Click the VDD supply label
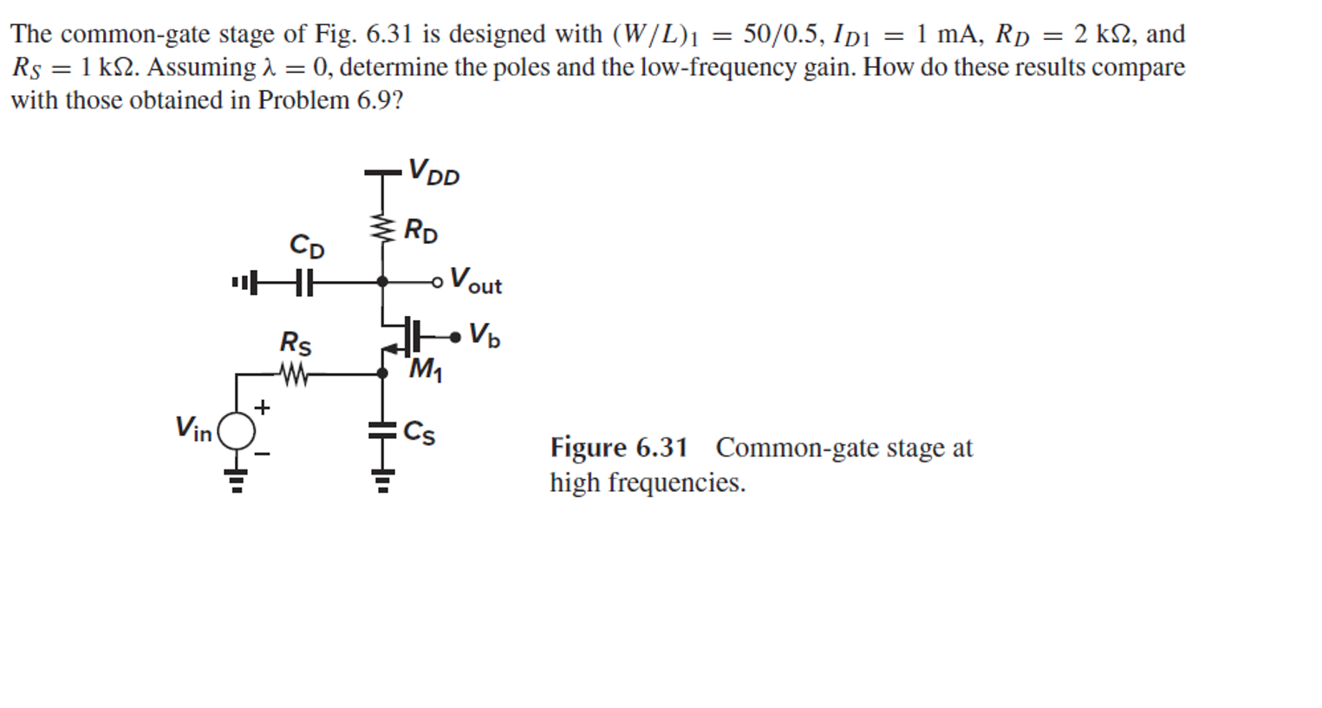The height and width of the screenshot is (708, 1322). coord(433,172)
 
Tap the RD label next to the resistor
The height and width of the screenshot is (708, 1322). coord(421,232)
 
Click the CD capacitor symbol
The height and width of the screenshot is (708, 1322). coord(303,282)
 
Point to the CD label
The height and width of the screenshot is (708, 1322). coord(307,246)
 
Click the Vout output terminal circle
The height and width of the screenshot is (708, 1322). coord(438,282)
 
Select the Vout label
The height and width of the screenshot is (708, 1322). coord(476,282)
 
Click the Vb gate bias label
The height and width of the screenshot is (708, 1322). coord(484,335)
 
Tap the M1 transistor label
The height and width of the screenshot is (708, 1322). coord(425,370)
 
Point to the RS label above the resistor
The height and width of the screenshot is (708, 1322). coord(295,344)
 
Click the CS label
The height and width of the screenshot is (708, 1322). coord(420,432)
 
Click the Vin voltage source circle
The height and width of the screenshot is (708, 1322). coord(236,430)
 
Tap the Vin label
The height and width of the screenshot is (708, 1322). coord(193,429)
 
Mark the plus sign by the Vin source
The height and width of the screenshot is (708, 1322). coord(262,407)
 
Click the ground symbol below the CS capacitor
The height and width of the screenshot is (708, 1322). coord(381,479)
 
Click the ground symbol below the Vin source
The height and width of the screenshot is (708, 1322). coord(236,479)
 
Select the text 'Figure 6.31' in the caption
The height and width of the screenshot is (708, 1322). coord(618,448)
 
